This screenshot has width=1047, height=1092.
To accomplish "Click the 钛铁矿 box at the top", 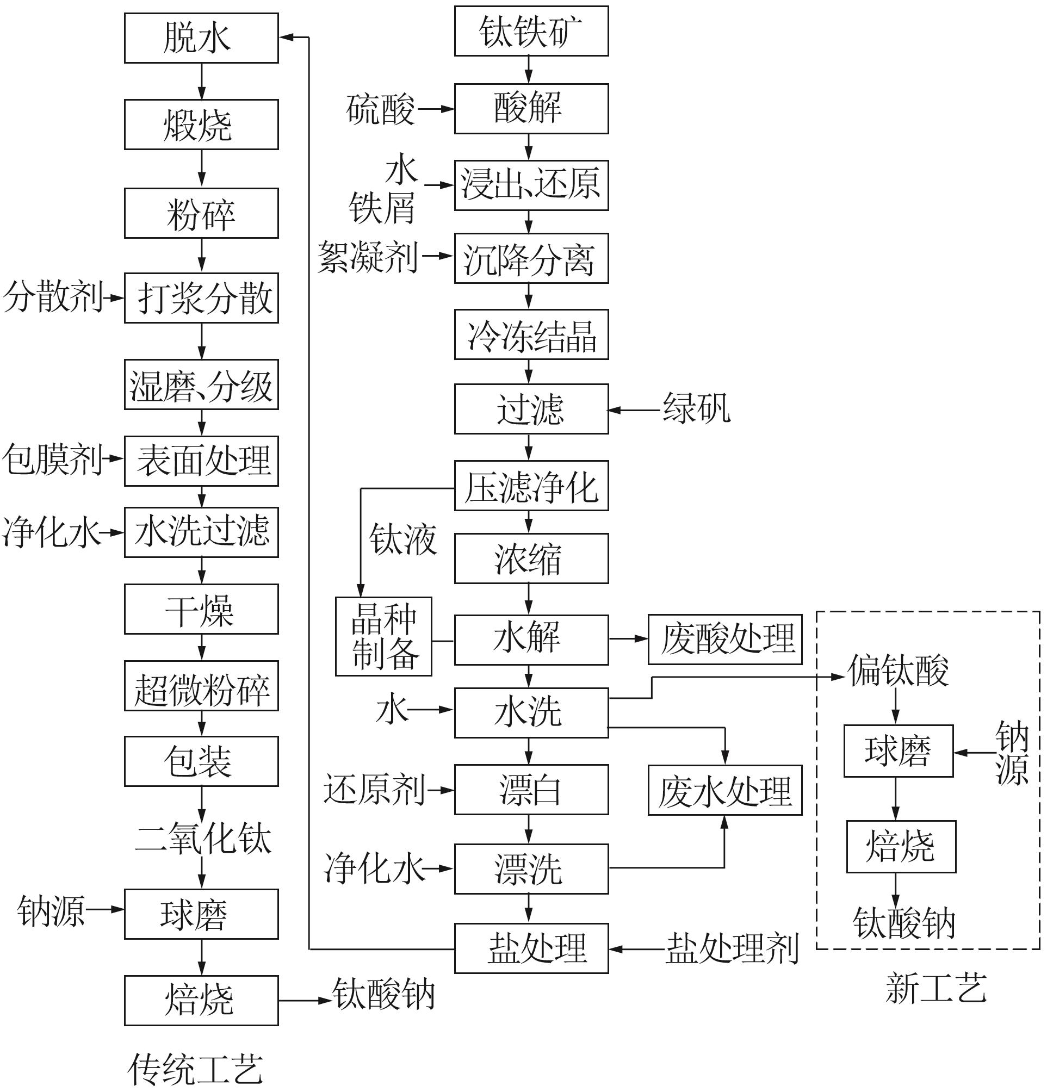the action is click(x=531, y=31).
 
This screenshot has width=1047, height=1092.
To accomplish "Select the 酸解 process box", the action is click(x=531, y=109).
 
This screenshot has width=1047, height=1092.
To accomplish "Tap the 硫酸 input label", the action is click(x=381, y=109).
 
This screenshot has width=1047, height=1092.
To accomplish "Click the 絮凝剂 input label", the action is click(x=368, y=257).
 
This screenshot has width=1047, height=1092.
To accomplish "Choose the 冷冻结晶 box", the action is click(x=531, y=334).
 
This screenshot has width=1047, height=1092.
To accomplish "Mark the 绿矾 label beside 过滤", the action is click(x=697, y=408).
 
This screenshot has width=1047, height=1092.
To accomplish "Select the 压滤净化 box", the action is click(x=531, y=485).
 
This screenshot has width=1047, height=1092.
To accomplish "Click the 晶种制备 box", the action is click(x=383, y=637).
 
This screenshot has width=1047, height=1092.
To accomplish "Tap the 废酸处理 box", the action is click(x=725, y=640).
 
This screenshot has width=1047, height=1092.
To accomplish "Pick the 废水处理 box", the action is click(x=725, y=790).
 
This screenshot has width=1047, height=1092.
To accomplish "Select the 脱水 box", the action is click(x=201, y=38).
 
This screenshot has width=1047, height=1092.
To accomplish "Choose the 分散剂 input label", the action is click(x=53, y=297).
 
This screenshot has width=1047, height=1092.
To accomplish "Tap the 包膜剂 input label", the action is click(x=53, y=460).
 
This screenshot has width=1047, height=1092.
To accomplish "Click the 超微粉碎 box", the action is click(x=201, y=686).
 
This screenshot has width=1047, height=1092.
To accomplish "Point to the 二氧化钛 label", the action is click(x=203, y=839).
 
